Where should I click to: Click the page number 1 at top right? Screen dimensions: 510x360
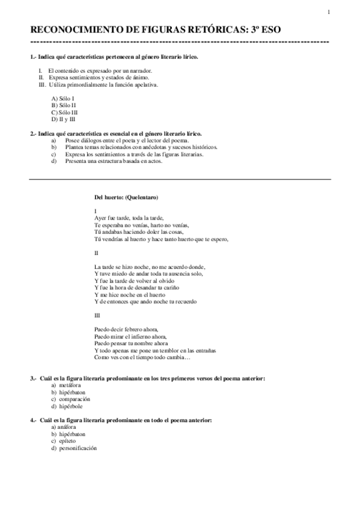click(x=328, y=13)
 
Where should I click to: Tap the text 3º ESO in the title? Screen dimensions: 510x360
click(x=264, y=29)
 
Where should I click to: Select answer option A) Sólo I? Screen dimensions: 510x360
click(x=63, y=98)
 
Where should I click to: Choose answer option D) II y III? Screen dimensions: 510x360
click(x=64, y=119)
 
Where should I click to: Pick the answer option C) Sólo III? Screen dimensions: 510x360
click(x=64, y=112)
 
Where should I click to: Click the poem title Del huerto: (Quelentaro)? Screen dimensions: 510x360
click(x=126, y=197)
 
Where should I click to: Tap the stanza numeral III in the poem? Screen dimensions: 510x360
click(x=98, y=315)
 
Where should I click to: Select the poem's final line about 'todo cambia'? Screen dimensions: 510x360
click(x=142, y=358)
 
